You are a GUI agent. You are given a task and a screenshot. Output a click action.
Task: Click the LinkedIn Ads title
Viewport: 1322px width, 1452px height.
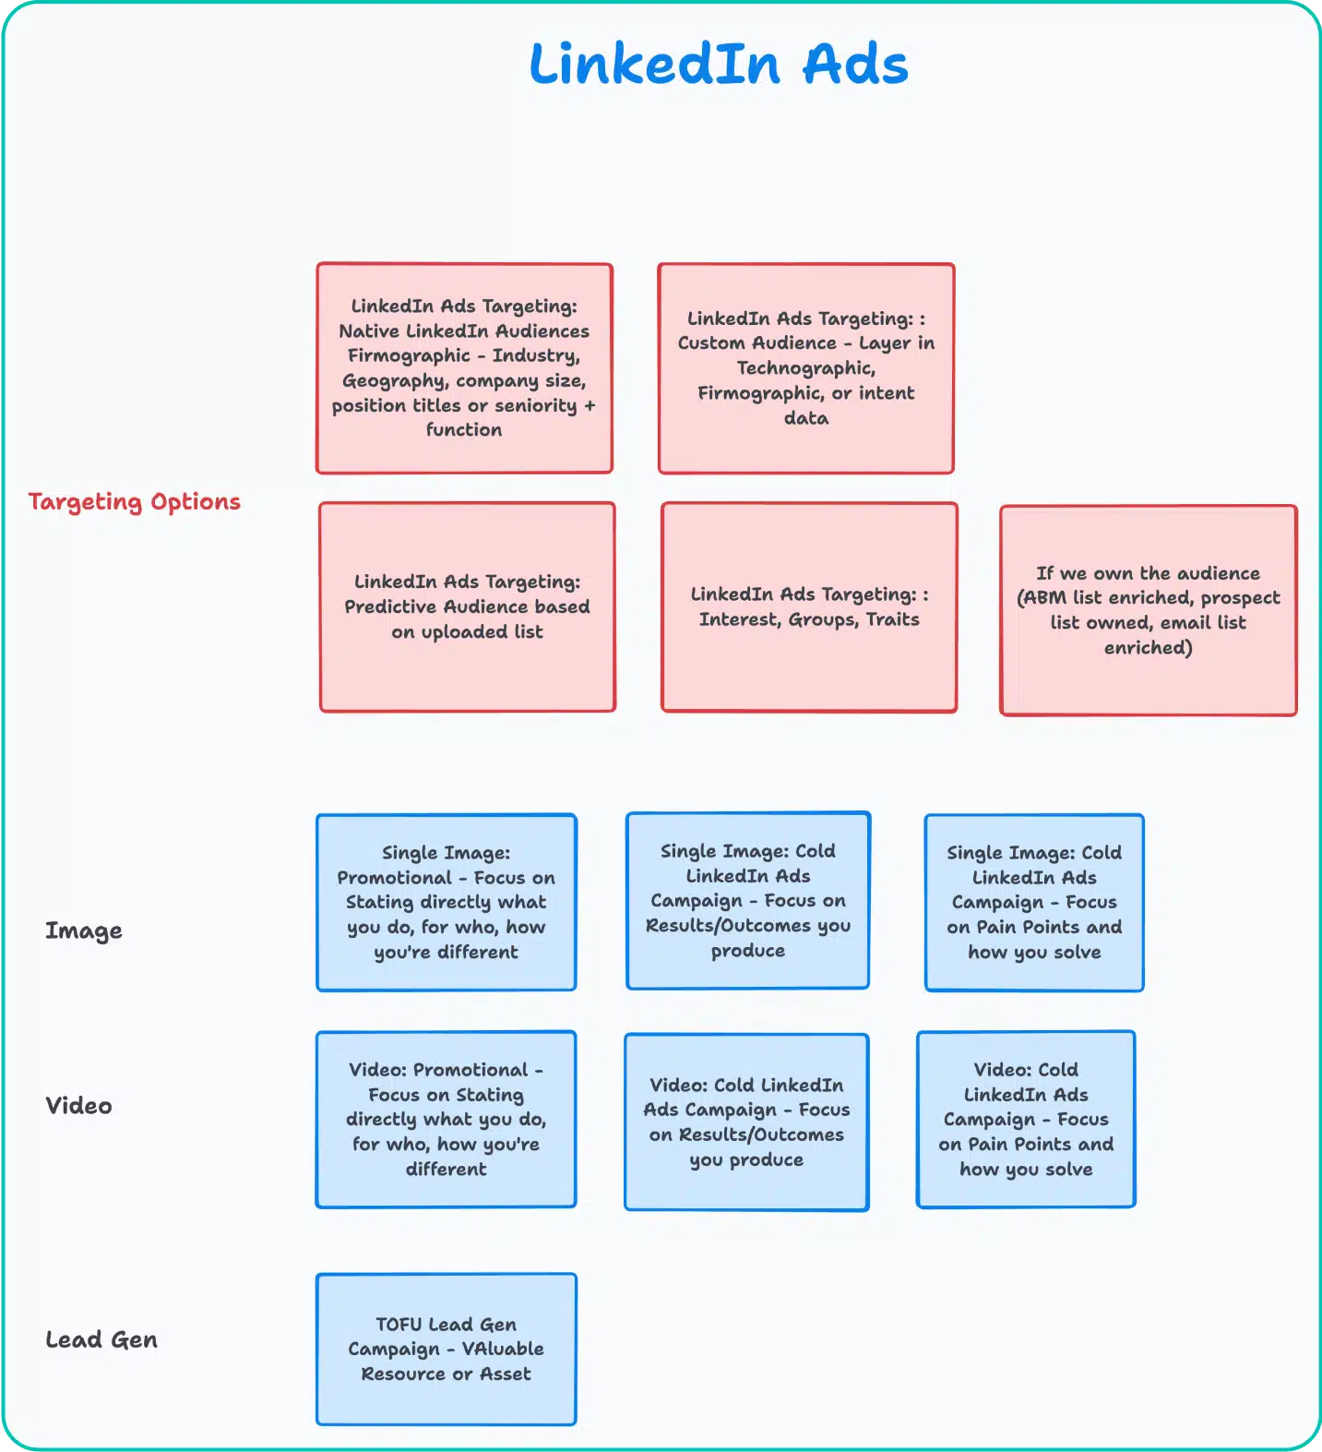point(719,65)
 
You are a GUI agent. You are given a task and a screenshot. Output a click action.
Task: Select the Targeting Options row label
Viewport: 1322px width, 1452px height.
point(135,502)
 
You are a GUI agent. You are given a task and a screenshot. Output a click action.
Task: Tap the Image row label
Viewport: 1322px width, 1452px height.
point(84,930)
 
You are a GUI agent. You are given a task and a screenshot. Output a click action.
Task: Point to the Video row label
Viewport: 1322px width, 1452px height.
point(79,1105)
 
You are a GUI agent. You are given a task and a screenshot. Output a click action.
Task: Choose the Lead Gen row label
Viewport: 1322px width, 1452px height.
point(101,1339)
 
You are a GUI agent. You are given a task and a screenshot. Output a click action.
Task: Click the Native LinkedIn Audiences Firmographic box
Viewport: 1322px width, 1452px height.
point(464,368)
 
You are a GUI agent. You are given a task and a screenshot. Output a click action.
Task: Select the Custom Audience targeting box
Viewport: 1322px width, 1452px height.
point(805,368)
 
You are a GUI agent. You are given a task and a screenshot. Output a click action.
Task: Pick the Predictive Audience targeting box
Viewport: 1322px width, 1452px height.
point(467,606)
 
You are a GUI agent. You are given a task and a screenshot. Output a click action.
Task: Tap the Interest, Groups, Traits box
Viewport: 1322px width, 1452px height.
point(809,606)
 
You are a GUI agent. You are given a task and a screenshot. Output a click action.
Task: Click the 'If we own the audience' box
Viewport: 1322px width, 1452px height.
point(1148,610)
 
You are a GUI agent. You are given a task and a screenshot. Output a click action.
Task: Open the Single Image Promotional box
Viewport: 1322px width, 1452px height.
point(447,902)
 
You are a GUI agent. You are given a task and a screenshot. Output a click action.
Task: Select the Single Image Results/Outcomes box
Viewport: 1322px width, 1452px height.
point(747,900)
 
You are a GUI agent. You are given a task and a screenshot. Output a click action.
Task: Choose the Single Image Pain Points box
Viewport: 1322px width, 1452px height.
point(1034,902)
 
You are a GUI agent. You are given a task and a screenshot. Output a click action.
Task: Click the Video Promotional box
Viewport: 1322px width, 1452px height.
point(447,1119)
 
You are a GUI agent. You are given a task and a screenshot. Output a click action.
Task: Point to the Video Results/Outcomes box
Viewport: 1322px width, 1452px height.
point(746,1122)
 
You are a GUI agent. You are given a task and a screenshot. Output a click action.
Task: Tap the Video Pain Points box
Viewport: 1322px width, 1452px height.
point(1026,1119)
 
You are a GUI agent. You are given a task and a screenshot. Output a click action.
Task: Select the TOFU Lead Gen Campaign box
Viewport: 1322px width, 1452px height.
point(447,1349)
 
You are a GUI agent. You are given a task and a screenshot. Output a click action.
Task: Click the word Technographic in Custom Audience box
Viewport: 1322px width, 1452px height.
point(805,368)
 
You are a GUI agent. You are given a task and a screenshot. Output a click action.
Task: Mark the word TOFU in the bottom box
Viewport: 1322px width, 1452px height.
point(399,1325)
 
